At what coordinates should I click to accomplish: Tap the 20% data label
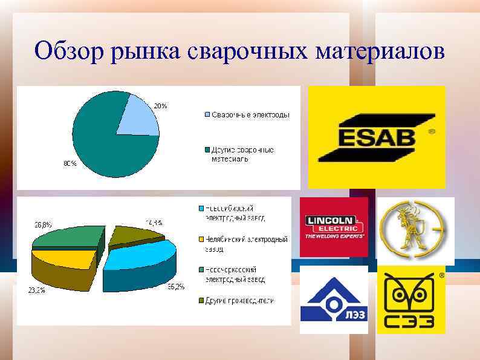coord(160,105)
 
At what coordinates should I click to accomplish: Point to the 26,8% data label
coord(42,223)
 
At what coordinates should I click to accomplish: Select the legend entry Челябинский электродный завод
coord(245,244)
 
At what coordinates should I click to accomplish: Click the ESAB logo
coord(377,137)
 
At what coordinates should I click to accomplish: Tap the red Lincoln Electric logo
coord(334,227)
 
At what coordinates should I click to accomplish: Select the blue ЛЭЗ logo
coord(334,300)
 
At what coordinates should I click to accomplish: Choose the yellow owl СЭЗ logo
coord(411,300)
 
